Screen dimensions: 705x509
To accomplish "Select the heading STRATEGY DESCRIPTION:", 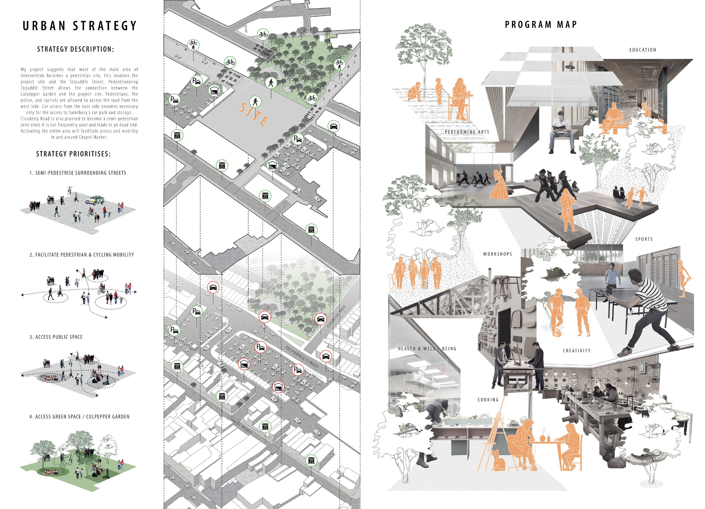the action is coord(75,49).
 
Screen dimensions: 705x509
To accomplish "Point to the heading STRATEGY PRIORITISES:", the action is coord(73,154).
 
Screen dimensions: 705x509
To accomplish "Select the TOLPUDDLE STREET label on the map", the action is coord(302,357).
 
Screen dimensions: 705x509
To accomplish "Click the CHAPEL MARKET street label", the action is coord(242,425).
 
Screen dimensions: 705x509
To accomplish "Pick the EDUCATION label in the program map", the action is coord(643,50).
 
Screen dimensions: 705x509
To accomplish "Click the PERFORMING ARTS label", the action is coord(467,132).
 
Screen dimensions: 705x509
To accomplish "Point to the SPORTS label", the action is coord(644,239).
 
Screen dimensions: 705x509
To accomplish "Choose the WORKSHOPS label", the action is coord(497,254).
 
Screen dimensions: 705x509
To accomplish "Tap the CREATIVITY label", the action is coord(577,351).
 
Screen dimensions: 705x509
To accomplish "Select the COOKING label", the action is coord(488,400).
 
